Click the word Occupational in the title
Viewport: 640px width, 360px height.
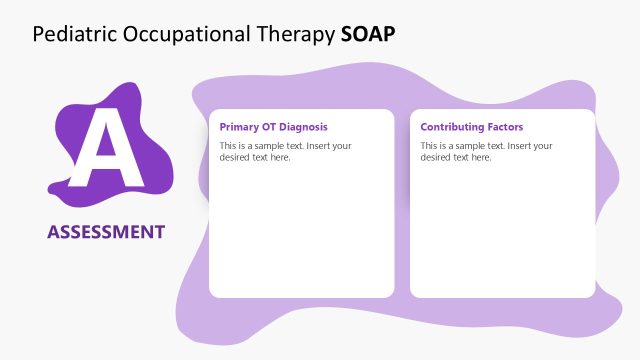coord(172,34)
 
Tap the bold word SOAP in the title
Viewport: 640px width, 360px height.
coord(367,34)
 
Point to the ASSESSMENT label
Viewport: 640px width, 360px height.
coord(106,232)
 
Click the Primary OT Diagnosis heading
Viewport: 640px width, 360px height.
coord(273,127)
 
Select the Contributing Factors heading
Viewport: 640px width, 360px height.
coord(471,127)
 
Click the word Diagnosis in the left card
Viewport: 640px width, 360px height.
coord(302,127)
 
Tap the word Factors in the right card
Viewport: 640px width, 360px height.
coord(503,127)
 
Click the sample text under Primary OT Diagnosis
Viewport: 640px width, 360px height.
coord(285,152)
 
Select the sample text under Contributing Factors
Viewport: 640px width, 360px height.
coord(486,152)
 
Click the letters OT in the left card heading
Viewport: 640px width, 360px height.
coord(267,127)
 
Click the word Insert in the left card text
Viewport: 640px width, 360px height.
coord(316,146)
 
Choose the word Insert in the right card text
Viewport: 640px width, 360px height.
coord(517,146)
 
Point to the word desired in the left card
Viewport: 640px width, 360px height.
coord(236,157)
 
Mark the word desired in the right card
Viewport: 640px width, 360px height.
coord(437,157)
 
